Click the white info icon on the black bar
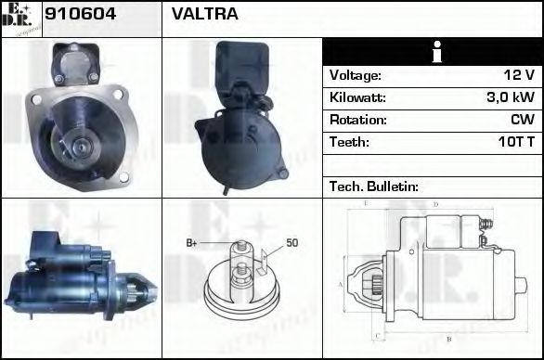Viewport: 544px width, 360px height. pos(432,52)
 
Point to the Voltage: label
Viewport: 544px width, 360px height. pos(356,75)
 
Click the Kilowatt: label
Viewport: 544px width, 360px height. pos(357,97)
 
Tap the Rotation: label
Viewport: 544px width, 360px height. pos(357,120)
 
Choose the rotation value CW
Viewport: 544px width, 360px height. pos(523,120)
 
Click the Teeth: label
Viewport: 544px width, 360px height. pos(349,142)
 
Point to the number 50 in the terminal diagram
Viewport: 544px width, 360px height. pos(291,243)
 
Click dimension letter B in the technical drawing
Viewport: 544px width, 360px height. pos(447,339)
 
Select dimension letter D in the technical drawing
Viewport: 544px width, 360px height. pos(434,203)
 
